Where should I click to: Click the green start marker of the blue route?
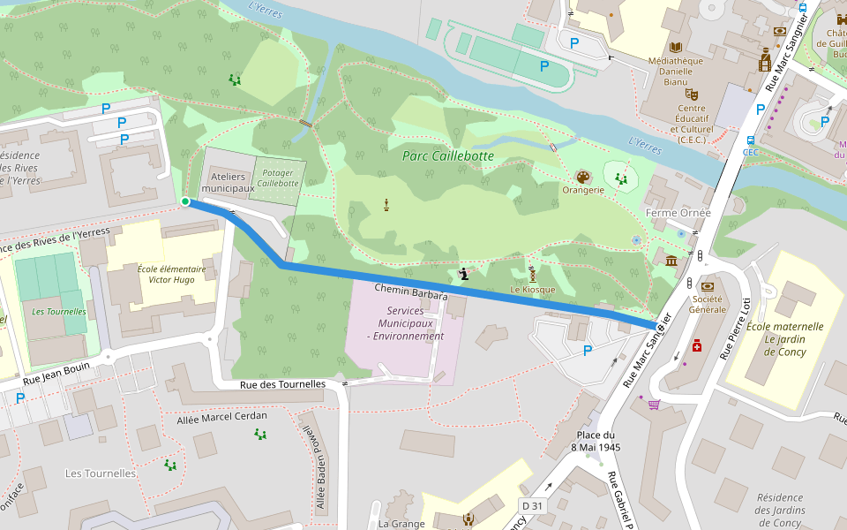(x=185, y=202)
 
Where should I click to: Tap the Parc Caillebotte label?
(x=447, y=156)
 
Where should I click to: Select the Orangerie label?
(x=582, y=189)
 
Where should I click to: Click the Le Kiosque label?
(x=532, y=290)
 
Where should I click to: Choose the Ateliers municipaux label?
(x=227, y=183)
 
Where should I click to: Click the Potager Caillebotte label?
(x=278, y=178)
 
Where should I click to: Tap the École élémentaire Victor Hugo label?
(x=171, y=275)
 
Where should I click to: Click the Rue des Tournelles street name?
(x=282, y=384)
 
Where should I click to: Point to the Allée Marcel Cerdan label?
(x=221, y=416)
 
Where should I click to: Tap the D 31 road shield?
(x=531, y=504)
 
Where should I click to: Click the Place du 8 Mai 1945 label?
(x=597, y=441)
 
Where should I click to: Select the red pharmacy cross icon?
(x=697, y=347)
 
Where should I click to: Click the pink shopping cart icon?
(x=654, y=405)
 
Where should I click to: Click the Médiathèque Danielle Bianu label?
(x=675, y=71)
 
